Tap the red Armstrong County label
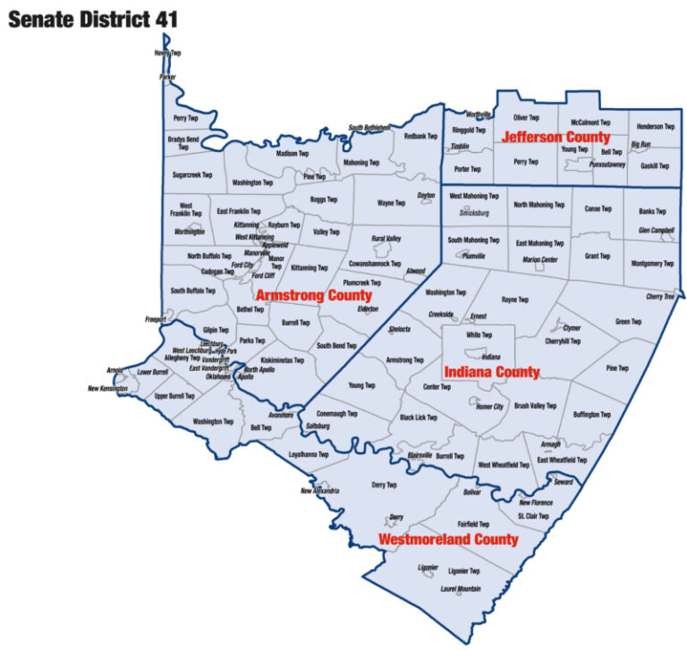tap(313, 295)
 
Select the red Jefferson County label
tap(556, 138)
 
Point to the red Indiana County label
tap(491, 372)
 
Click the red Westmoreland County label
tap(447, 540)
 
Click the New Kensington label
tap(107, 389)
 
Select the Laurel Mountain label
tap(461, 589)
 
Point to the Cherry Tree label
tap(660, 297)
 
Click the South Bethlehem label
tap(369, 128)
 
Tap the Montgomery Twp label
tap(652, 264)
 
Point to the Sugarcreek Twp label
tap(192, 175)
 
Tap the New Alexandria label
tap(319, 491)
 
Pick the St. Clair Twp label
tap(533, 516)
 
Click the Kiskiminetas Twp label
tap(281, 360)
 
